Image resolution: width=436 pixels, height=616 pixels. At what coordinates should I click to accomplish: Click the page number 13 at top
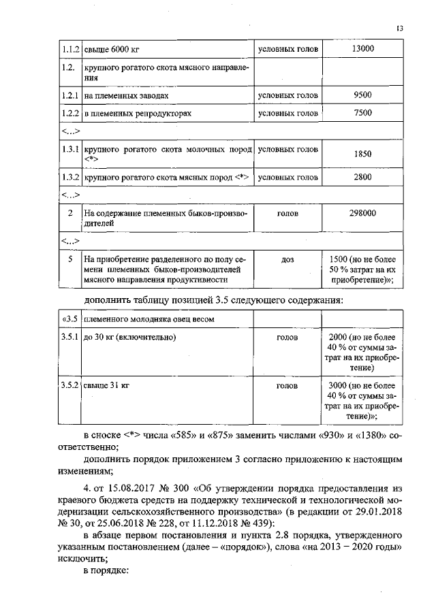pos(399,29)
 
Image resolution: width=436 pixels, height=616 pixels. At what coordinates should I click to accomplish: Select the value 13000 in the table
pos(362,50)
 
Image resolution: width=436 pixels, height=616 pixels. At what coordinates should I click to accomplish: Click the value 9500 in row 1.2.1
pos(362,96)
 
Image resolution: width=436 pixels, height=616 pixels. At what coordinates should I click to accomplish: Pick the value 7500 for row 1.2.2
pos(362,112)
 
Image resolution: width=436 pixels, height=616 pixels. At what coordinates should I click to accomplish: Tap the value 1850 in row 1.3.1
pos(362,154)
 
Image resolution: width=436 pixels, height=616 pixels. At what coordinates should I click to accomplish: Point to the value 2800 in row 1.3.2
pos(362,178)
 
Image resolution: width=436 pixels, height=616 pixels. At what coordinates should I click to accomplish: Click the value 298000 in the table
pos(362,213)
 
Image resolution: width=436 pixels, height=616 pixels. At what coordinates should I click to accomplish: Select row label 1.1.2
pos(68,50)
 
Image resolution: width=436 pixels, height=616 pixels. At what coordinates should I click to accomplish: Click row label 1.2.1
pos(68,96)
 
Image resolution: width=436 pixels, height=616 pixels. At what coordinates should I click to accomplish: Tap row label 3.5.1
pos(68,337)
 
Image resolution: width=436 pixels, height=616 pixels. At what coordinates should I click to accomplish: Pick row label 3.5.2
pos(68,386)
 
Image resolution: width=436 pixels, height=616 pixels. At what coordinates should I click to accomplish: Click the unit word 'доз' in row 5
pos(287,259)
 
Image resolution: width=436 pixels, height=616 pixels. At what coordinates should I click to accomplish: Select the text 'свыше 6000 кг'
pos(112,50)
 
